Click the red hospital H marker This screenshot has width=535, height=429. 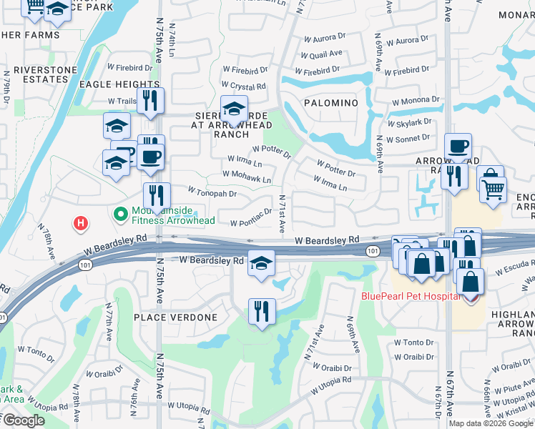tap(82, 224)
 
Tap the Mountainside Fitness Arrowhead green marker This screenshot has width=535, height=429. tap(120, 213)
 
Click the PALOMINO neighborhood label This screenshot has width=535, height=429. tap(330, 103)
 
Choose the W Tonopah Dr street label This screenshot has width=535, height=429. tap(212, 192)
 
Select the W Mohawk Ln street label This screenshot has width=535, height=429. tap(247, 174)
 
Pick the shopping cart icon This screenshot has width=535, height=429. tap(492, 190)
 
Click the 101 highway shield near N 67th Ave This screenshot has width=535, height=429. tap(372, 251)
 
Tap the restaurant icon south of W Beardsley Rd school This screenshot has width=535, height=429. tap(262, 310)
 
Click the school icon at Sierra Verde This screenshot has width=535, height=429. tap(233, 109)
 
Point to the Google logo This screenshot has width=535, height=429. tap(23, 421)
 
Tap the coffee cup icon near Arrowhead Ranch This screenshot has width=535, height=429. tap(458, 146)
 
